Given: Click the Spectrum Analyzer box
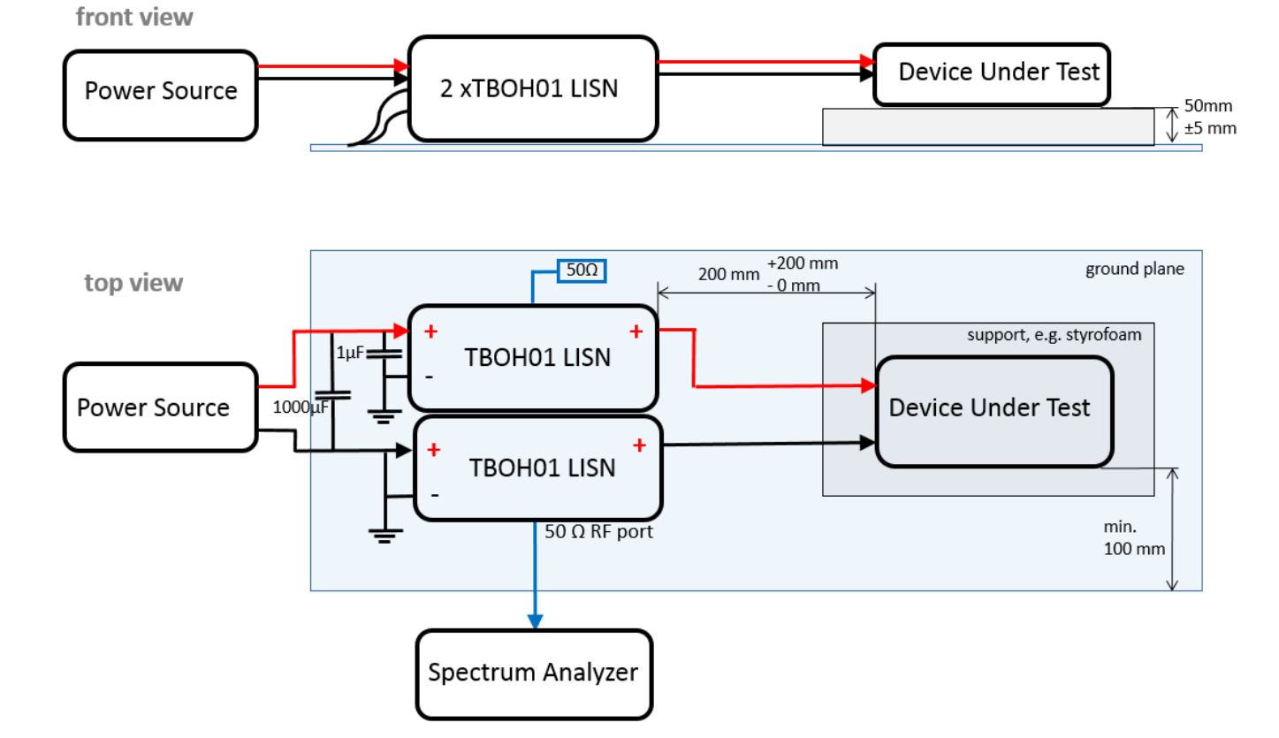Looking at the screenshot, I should click(533, 673).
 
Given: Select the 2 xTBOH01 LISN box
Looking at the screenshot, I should click(533, 88).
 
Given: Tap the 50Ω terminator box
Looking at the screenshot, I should click(581, 270).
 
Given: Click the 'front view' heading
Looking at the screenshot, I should click(134, 17).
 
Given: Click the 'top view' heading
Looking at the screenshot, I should click(133, 283).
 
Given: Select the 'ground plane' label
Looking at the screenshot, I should click(1134, 270).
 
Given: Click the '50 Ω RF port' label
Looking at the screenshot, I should click(599, 532).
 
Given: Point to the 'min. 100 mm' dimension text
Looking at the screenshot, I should click(1134, 537).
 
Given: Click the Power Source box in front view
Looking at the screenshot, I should click(160, 91).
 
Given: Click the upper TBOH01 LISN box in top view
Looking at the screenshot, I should click(533, 358).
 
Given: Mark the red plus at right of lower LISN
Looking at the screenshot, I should click(638, 445).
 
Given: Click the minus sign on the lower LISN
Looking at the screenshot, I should click(434, 495).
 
